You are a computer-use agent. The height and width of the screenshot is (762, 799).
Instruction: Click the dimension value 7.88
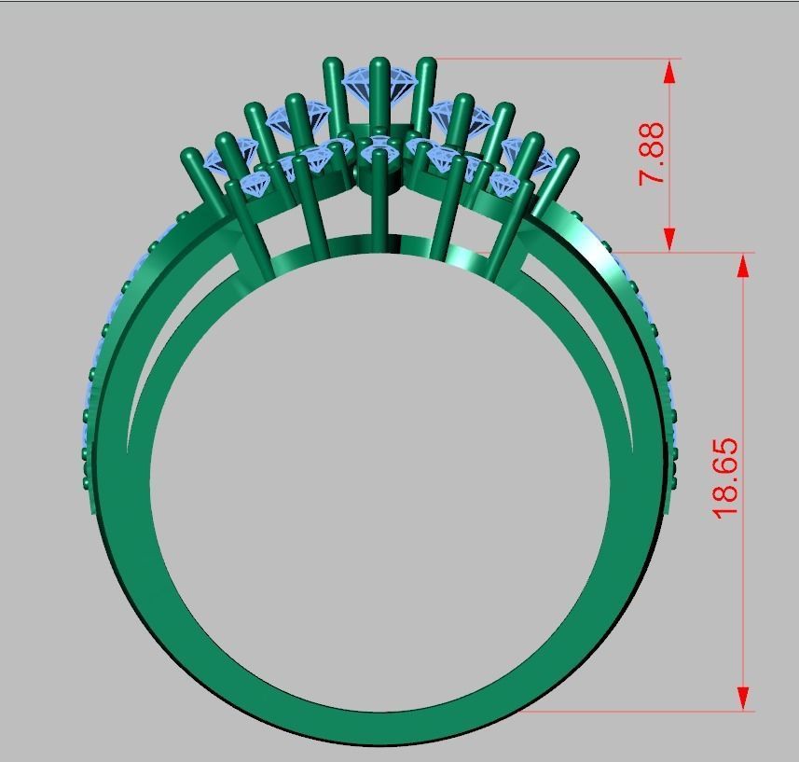(652, 152)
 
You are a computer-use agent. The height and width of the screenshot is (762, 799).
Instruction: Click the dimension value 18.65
(724, 478)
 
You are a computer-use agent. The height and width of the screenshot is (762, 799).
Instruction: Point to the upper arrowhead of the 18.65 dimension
(743, 266)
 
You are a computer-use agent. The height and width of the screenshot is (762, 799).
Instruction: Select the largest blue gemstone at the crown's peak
(379, 88)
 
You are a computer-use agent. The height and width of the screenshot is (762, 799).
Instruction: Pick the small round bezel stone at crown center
(379, 148)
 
